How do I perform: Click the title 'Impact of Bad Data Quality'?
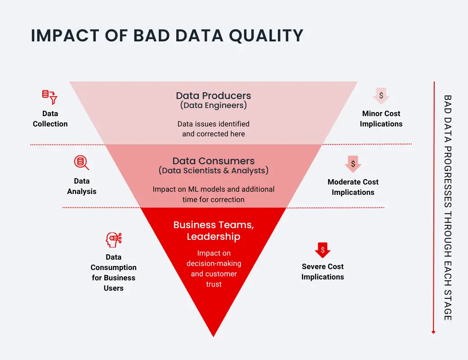[167, 36]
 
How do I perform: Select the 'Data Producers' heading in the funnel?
[214, 95]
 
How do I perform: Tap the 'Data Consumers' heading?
[214, 161]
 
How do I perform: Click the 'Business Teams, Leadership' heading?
[214, 230]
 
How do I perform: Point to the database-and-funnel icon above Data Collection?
[49, 96]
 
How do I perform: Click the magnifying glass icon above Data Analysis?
[81, 162]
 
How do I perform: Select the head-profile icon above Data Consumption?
[113, 240]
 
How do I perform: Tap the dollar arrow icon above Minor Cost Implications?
[381, 96]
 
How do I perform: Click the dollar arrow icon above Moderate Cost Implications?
[353, 164]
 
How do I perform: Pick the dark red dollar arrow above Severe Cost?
[323, 250]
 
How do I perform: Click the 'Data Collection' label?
[50, 119]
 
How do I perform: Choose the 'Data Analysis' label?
[82, 186]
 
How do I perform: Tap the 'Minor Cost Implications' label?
[381, 119]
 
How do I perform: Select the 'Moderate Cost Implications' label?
[353, 187]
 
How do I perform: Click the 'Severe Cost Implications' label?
[323, 272]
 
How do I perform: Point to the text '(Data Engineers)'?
[214, 106]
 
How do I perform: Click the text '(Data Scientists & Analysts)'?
[214, 171]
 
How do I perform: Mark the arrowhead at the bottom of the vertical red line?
[433, 332]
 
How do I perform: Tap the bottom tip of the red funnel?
[214, 335]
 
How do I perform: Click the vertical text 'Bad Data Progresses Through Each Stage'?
[448, 207]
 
